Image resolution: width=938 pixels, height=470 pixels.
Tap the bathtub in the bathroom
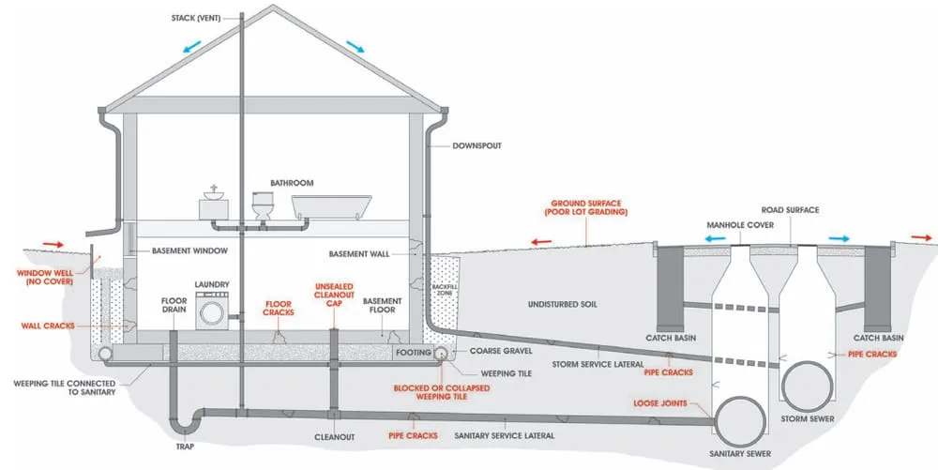pyautogui.click(x=327, y=205)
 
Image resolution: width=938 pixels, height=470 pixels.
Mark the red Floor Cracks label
pyautogui.click(x=279, y=309)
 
